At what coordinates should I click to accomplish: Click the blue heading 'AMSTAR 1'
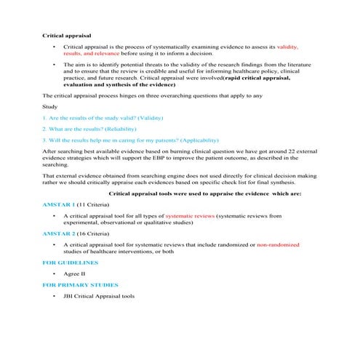60,206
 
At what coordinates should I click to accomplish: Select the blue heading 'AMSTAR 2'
60,236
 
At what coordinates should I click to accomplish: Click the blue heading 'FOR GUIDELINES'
70,261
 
